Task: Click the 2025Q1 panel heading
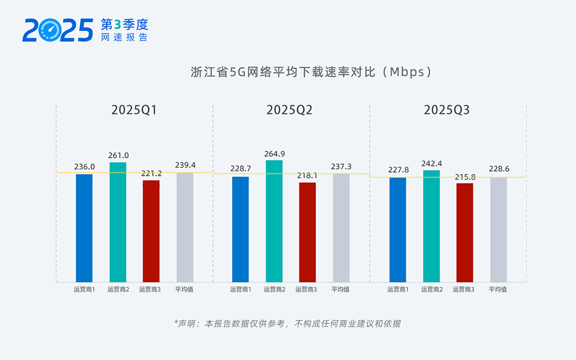coord(134,110)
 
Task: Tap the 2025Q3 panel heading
coord(446,110)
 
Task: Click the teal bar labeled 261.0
coord(118,222)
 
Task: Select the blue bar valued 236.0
coord(84,228)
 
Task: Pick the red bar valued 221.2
coord(151,230)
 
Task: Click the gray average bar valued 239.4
coord(185,227)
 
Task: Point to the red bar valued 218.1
coord(308,232)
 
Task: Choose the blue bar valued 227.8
coord(397,229)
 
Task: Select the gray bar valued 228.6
coord(498,229)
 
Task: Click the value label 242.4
coord(431,164)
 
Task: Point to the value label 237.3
coord(341,166)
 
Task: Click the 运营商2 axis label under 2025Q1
coord(118,289)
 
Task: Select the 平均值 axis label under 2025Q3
coord(498,289)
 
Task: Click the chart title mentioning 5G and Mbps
coord(311,72)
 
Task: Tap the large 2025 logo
coord(58,30)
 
